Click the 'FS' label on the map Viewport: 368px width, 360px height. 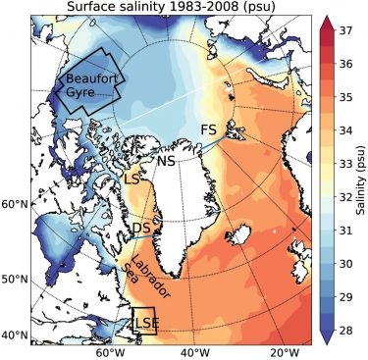(x=208, y=129)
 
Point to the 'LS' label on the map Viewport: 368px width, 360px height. (x=133, y=180)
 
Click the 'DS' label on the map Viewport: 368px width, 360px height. (x=140, y=229)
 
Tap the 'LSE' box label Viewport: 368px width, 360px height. (x=143, y=321)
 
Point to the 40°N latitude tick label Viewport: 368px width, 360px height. (x=14, y=335)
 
